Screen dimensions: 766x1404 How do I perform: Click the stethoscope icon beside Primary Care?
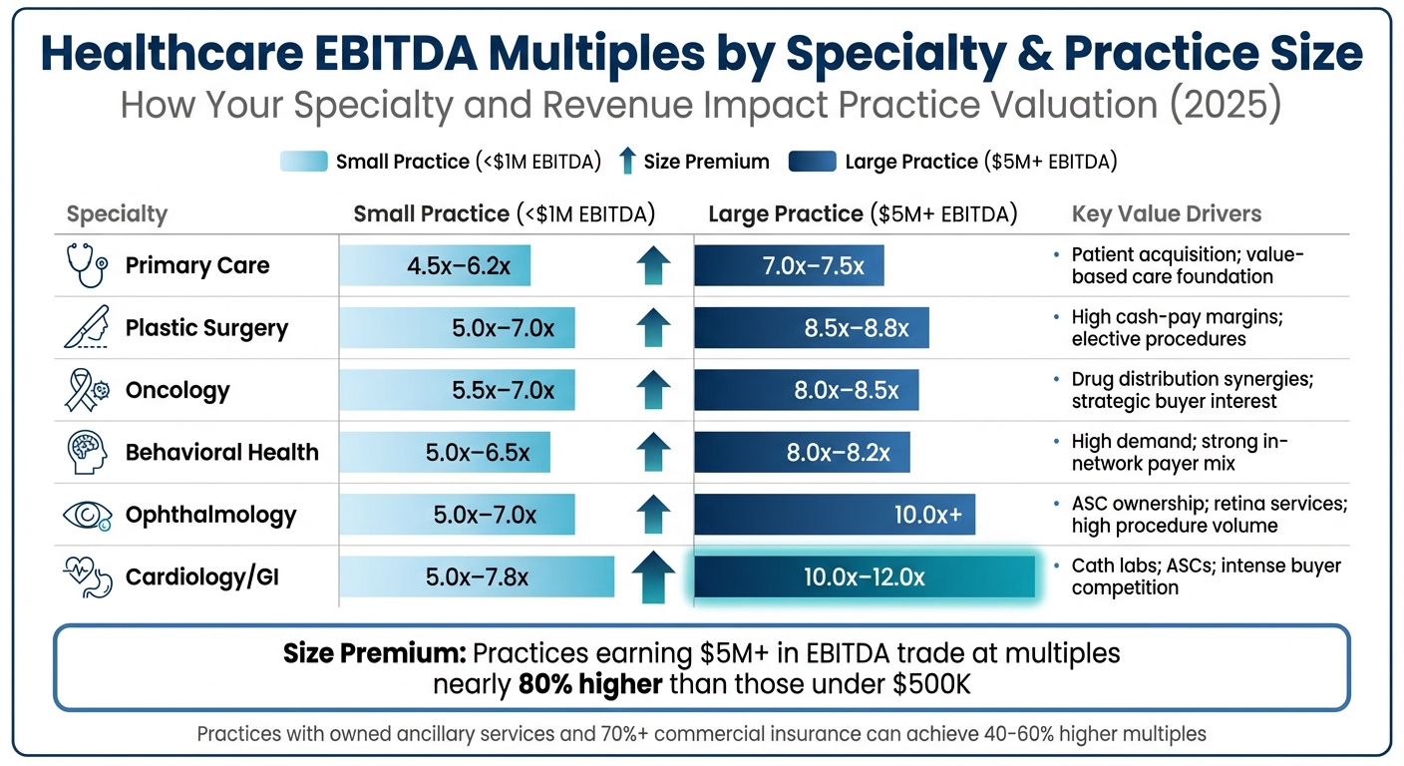[87, 265]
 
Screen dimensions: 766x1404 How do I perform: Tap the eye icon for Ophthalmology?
[87, 515]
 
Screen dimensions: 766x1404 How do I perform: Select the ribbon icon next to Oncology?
[87, 390]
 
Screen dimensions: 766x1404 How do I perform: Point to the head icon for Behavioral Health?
[87, 452]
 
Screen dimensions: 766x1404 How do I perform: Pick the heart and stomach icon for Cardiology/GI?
[87, 576]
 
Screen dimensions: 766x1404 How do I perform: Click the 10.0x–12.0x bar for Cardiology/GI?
[864, 577]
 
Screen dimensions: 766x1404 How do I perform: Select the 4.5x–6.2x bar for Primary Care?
[435, 266]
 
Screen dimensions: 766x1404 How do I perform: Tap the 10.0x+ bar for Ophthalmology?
[834, 515]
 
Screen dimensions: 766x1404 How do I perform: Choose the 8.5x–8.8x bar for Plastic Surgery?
[811, 328]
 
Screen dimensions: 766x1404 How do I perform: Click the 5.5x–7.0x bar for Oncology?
[457, 390]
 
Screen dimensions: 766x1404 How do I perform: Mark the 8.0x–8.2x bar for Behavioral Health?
[802, 453]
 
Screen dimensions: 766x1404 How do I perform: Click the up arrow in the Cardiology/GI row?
[653, 575]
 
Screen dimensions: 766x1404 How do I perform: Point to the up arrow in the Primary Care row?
[653, 266]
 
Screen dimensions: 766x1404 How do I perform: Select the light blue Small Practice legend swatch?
[304, 162]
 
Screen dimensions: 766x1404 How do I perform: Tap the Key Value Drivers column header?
[1166, 213]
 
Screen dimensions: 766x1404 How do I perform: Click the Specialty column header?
[117, 214]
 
